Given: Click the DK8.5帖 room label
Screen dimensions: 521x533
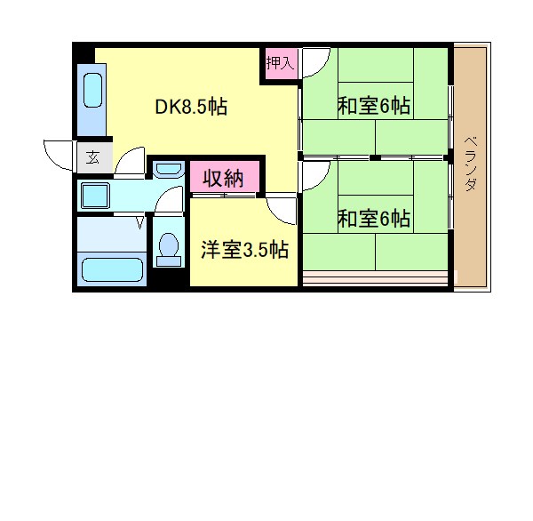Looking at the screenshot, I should pyautogui.click(x=192, y=108).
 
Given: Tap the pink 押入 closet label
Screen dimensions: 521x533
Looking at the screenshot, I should pyautogui.click(x=279, y=63).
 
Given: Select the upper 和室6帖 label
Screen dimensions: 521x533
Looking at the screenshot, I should pyautogui.click(x=373, y=107).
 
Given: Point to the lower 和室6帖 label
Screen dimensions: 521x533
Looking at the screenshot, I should pyautogui.click(x=373, y=218).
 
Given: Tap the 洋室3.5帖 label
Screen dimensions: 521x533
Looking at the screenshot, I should pyautogui.click(x=243, y=250).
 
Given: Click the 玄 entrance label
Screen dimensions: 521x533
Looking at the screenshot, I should pyautogui.click(x=91, y=159).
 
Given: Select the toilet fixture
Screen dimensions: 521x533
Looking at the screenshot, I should pyautogui.click(x=167, y=247).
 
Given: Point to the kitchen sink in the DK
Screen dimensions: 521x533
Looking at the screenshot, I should pyautogui.click(x=92, y=91).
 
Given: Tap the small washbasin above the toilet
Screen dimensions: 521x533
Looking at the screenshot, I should pyautogui.click(x=168, y=170).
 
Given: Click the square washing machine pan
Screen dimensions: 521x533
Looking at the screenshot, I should pyautogui.click(x=93, y=195).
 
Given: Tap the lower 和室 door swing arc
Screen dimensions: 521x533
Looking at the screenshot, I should pyautogui.click(x=313, y=174).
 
